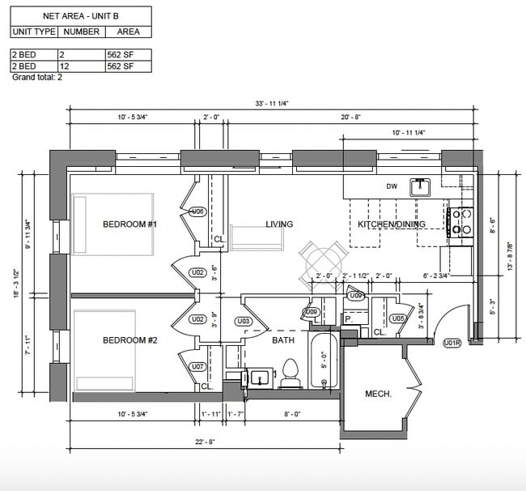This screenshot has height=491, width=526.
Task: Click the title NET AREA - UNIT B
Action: [80, 15]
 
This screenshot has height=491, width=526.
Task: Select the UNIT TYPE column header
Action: [34, 32]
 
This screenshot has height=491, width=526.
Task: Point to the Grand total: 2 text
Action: [37, 78]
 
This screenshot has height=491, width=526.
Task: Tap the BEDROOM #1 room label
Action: [129, 224]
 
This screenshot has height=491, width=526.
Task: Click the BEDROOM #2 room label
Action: [129, 340]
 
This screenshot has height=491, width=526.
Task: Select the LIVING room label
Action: [279, 224]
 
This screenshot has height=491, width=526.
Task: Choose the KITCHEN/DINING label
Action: [392, 224]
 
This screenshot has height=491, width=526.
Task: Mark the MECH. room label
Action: [378, 394]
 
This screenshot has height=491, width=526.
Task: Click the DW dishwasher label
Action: [392, 186]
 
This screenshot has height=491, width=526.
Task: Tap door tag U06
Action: [197, 211]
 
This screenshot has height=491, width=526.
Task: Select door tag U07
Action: [197, 367]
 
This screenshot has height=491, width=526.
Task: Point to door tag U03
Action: [245, 320]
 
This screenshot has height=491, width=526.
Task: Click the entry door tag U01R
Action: [452, 343]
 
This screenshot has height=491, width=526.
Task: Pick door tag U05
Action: [398, 318]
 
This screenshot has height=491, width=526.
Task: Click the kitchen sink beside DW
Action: [420, 187]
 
